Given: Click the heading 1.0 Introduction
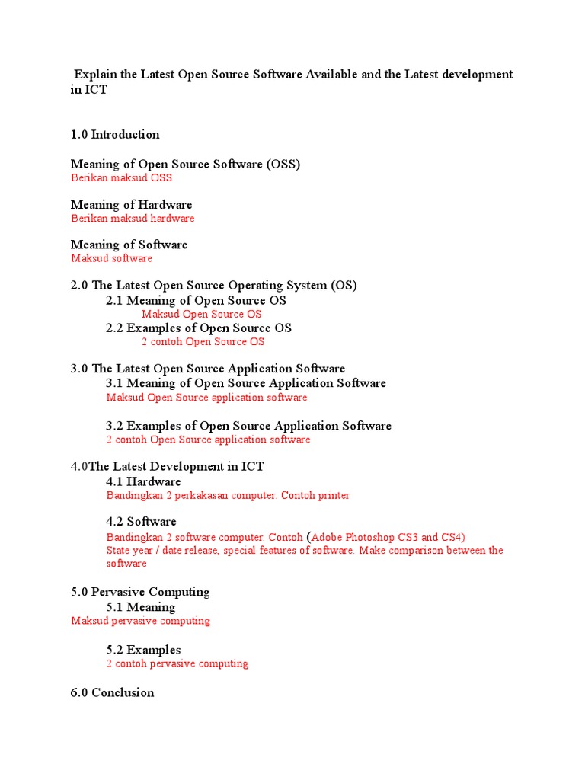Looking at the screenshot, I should [115, 135].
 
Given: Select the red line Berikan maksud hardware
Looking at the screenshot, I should [133, 219].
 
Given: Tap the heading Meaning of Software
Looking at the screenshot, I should [129, 245].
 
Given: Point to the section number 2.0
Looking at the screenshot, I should [79, 286].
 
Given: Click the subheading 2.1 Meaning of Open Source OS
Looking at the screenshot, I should [196, 301].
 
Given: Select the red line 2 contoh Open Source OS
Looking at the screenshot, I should [203, 342].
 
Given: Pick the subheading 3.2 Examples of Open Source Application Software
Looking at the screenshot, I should [248, 426].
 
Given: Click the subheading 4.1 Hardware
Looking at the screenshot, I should [143, 481].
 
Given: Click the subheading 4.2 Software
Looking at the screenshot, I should [141, 522].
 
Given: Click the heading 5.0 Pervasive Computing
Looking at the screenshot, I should [140, 592].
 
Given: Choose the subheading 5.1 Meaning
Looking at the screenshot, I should [140, 607].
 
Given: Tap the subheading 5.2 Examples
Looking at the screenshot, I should [143, 650].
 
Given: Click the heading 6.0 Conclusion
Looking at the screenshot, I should [112, 692].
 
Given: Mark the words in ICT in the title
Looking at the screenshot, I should [88, 89].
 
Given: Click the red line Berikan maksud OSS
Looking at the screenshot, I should [121, 178].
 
